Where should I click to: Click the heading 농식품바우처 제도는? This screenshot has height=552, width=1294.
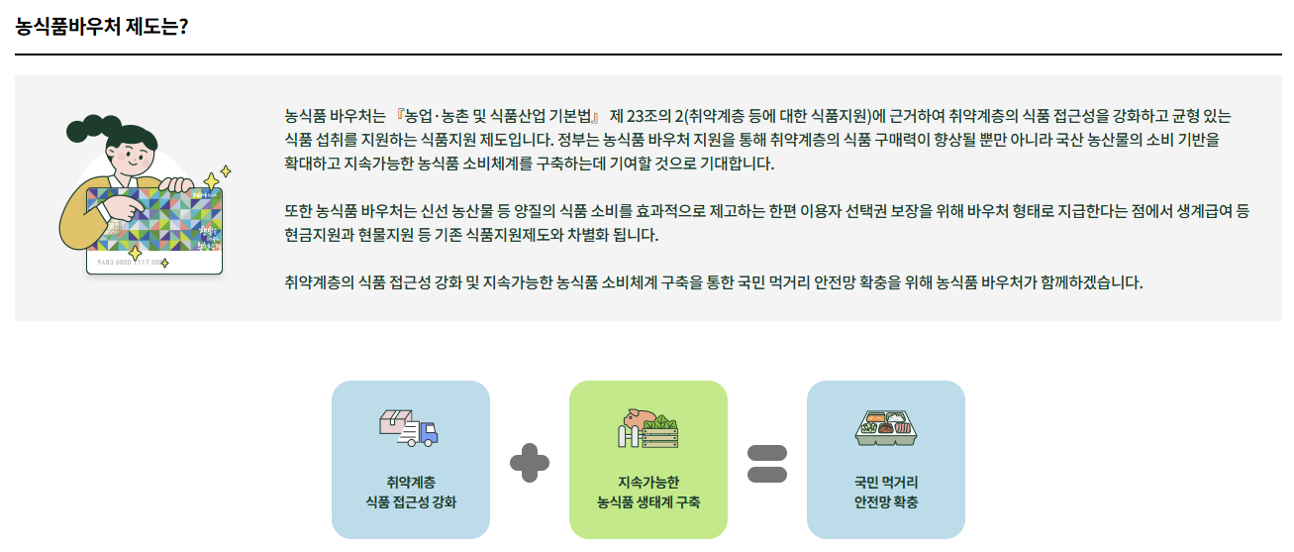102,26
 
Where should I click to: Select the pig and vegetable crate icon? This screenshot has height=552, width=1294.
647,427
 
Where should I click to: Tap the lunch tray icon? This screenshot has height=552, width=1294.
885,427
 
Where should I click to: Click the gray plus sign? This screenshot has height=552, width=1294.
530,463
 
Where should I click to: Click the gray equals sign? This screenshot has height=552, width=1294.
767,463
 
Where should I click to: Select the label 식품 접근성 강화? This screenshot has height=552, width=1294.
411,502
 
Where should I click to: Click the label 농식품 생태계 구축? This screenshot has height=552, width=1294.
648,502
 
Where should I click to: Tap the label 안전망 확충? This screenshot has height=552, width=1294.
886,502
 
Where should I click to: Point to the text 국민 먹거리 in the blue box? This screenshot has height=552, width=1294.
886,483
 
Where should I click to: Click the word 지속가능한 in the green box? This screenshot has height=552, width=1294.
648,483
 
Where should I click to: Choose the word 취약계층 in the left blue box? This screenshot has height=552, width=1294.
411,483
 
